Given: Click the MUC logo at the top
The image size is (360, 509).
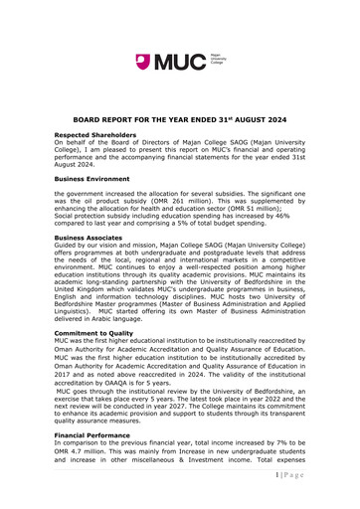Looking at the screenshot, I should pos(179,64).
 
